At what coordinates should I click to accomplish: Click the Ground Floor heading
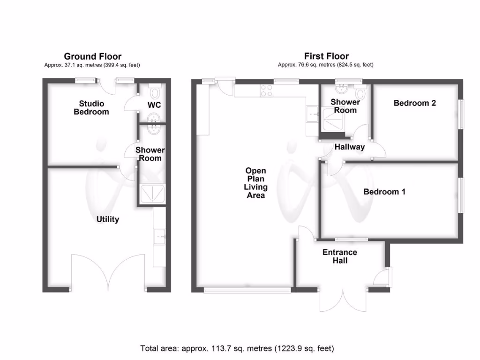click(92, 57)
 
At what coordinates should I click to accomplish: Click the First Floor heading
click(326, 57)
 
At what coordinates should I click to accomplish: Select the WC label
click(154, 105)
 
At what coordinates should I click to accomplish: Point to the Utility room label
click(108, 219)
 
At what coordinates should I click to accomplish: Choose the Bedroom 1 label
click(384, 192)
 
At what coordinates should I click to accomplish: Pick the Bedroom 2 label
click(414, 103)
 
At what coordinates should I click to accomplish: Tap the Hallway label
click(349, 147)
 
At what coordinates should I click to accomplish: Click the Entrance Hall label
click(340, 256)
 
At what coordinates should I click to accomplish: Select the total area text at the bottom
click(237, 348)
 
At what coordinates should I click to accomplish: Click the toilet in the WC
click(155, 89)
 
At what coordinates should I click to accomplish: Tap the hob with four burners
click(267, 90)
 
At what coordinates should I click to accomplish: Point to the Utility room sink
click(160, 235)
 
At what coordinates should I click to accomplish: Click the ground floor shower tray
click(152, 193)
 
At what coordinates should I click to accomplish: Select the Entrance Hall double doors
click(343, 300)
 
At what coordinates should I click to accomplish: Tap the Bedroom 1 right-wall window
click(461, 195)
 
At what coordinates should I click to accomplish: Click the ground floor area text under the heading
click(92, 65)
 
